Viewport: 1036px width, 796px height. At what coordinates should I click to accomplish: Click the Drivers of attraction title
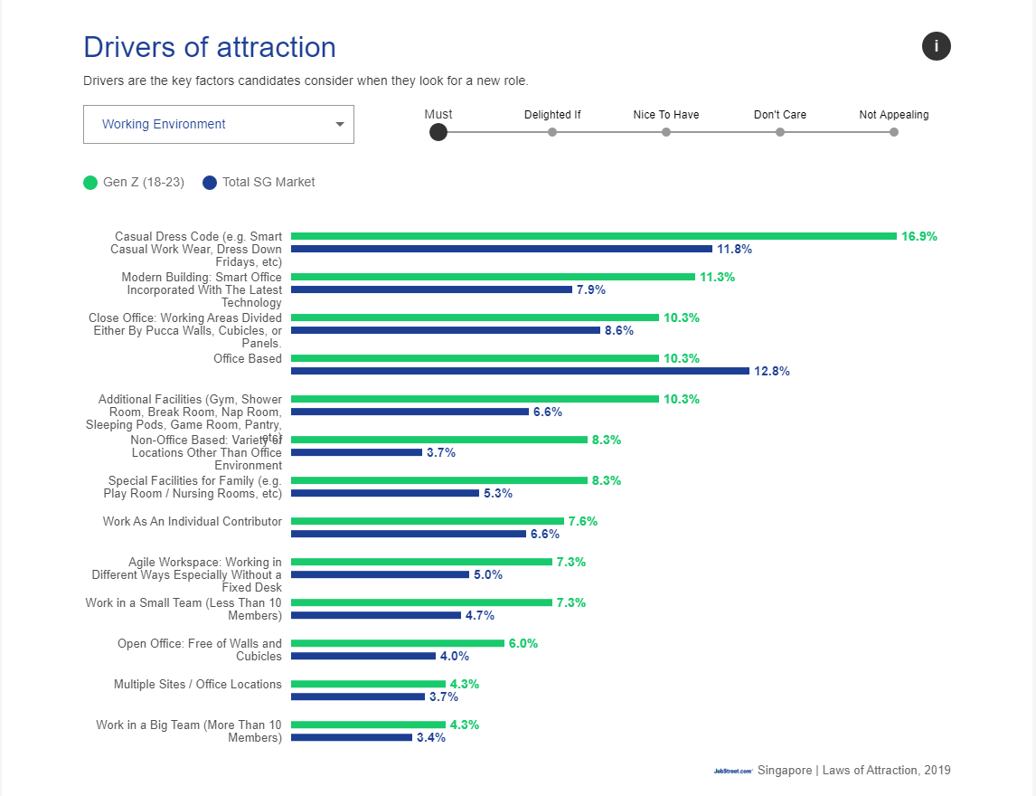click(x=210, y=47)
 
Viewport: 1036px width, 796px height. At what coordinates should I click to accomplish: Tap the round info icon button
click(x=937, y=46)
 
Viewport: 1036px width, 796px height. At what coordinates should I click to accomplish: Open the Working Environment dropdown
click(x=219, y=125)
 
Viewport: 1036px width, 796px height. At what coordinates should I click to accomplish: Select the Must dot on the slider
click(x=438, y=132)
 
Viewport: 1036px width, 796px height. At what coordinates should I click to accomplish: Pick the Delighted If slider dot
click(x=552, y=132)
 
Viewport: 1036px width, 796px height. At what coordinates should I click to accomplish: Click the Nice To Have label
click(x=666, y=115)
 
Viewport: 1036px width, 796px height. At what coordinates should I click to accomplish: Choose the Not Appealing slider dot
click(x=894, y=132)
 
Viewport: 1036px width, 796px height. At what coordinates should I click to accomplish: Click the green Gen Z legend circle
click(x=90, y=183)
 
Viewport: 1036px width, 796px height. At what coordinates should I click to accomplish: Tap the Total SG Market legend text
click(x=268, y=182)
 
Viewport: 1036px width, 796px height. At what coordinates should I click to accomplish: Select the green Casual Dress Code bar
click(x=593, y=236)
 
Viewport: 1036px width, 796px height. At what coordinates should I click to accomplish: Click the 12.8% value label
click(x=772, y=371)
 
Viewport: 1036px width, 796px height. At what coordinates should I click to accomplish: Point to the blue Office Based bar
click(x=520, y=371)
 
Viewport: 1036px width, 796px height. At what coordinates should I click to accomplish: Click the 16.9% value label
click(x=919, y=236)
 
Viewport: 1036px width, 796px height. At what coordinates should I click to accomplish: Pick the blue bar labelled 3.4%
click(x=352, y=737)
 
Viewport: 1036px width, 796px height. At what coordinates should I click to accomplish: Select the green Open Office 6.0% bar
click(x=398, y=643)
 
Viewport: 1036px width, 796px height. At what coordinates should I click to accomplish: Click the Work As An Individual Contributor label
click(x=193, y=522)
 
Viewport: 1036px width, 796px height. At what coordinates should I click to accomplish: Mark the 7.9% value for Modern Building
click(x=591, y=289)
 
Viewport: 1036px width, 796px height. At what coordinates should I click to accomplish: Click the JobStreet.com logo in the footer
click(x=732, y=771)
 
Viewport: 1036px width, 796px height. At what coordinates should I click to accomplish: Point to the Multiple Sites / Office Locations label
click(x=198, y=685)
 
